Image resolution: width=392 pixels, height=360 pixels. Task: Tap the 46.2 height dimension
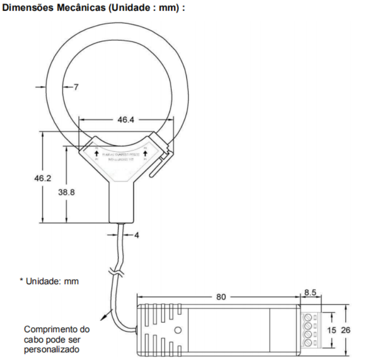click(x=42, y=179)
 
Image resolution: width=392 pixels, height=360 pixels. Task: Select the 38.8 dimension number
click(x=67, y=192)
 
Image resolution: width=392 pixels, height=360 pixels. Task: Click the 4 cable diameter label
click(x=137, y=235)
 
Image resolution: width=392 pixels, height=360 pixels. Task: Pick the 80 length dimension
click(x=221, y=296)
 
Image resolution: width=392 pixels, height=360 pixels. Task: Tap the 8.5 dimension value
click(x=310, y=292)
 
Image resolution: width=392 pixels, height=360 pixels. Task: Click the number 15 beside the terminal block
click(x=331, y=329)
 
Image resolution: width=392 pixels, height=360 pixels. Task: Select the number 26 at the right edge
click(x=345, y=329)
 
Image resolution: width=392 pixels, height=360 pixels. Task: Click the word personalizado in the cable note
click(x=52, y=349)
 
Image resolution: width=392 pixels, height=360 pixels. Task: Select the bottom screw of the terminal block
click(x=307, y=343)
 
